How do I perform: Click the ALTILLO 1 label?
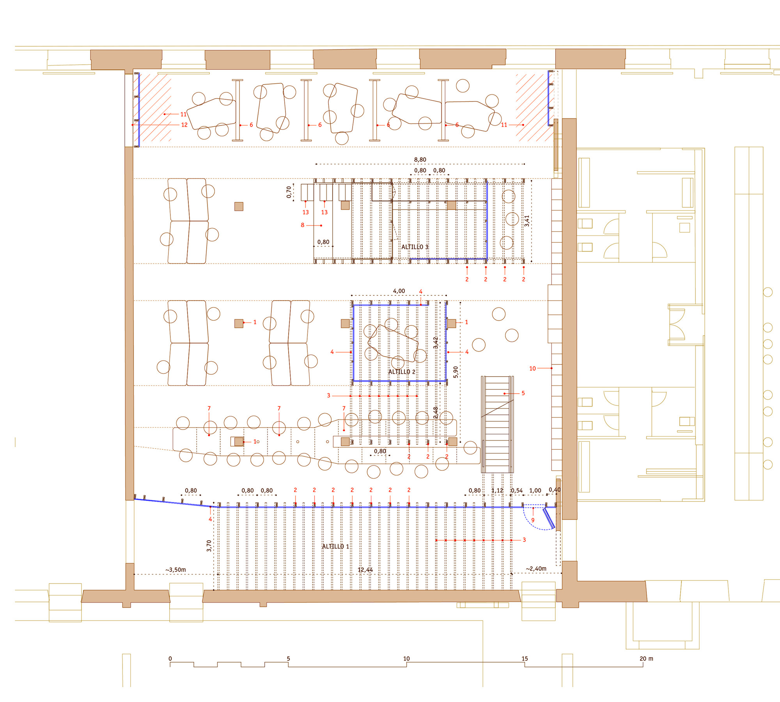point(335,546)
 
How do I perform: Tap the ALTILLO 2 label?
point(402,372)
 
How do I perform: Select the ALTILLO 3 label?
point(415,247)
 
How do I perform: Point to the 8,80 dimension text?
point(420,159)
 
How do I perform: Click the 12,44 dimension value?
point(365,570)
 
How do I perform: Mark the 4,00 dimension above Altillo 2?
point(399,291)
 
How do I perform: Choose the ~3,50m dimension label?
point(175,570)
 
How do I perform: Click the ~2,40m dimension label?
point(536,569)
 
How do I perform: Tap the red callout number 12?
point(184,125)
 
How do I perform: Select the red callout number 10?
point(532,368)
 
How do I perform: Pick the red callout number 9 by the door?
point(533,520)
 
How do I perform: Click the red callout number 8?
point(302,225)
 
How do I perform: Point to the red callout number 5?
point(523,393)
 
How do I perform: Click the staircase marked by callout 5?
point(497,424)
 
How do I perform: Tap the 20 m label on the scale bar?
point(646,659)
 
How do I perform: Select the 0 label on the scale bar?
point(170,659)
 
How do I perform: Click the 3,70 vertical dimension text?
point(209,546)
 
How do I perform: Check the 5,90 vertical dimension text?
point(456,372)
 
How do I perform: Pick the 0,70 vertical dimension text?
point(289,192)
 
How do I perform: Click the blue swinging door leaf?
point(549,518)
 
